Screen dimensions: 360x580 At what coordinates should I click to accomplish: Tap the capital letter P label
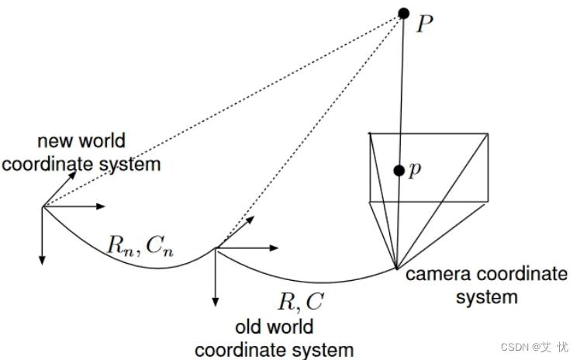click(x=424, y=24)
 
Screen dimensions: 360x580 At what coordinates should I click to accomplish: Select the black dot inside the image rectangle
click(x=399, y=171)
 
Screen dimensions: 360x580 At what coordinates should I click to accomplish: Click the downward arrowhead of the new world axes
click(x=42, y=258)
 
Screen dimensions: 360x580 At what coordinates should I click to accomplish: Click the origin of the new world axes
click(x=42, y=206)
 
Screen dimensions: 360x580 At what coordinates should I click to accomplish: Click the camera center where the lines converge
click(x=397, y=268)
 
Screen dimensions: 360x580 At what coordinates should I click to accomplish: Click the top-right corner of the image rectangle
click(x=489, y=133)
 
